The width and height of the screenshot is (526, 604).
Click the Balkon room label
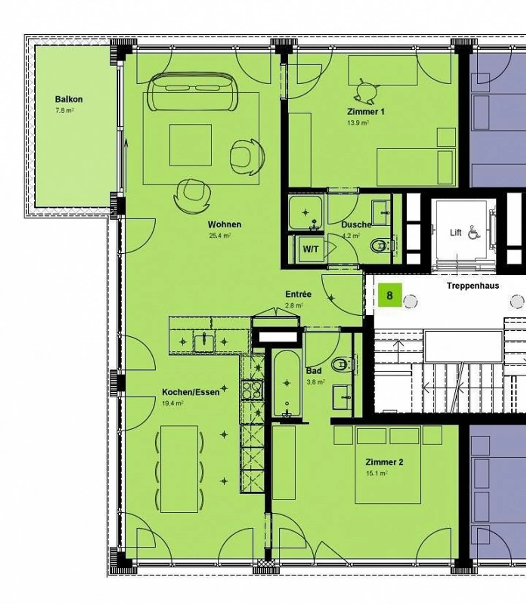pos(69,99)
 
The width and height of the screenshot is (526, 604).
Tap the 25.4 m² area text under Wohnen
pos(220,236)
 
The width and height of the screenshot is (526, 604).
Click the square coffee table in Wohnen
pos(190,145)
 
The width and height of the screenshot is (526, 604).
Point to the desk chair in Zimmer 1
pos(364,91)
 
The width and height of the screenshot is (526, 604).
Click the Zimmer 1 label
pos(366,112)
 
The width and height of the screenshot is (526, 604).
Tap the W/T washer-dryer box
pos(310,249)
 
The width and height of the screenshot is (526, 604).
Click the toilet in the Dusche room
pos(380,246)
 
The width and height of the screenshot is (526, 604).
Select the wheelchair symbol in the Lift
pos(474,232)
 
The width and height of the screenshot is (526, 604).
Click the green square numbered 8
pos(390,295)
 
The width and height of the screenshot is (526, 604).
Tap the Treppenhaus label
pos(473,286)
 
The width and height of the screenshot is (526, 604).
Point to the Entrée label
pos(298,294)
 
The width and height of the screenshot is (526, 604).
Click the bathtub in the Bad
pos(287,383)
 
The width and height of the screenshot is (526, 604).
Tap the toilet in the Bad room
pos(341,364)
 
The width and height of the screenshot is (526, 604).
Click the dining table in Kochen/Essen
pos(179,469)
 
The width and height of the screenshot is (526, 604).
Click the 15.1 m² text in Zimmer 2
pos(377,474)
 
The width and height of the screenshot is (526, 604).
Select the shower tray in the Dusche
pos(305,212)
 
